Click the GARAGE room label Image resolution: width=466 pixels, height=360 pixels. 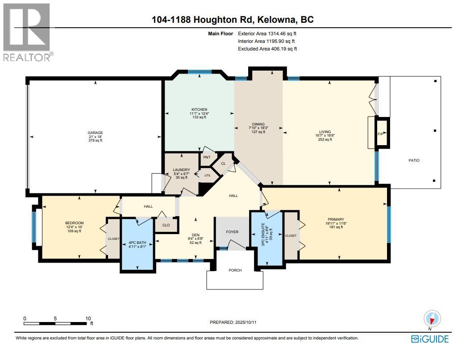point(95,133)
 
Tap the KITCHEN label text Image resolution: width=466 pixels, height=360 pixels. point(199,109)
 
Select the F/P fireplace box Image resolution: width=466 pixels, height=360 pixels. point(382,133)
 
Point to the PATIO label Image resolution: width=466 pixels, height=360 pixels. point(413,161)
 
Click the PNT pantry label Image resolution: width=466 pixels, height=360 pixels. point(207,157)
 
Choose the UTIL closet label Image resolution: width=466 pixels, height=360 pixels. point(207,176)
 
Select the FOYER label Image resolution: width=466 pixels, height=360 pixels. point(232,232)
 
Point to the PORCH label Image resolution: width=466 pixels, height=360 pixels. point(235,270)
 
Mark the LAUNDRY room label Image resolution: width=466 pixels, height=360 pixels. point(182,170)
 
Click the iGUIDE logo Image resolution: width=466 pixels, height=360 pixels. point(430,339)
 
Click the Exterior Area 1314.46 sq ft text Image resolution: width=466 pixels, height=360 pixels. point(267,33)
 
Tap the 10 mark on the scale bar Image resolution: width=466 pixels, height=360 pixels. point(88,318)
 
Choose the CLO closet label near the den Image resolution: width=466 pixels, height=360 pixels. point(166,225)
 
